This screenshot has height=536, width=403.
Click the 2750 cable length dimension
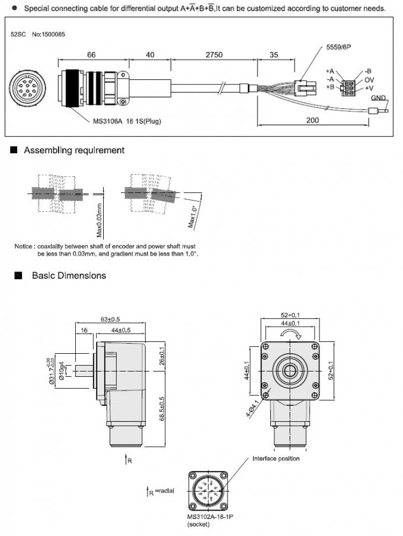[213, 54]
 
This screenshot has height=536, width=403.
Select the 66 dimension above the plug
[91, 54]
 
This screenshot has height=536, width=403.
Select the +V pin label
[368, 88]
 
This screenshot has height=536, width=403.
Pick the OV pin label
[369, 79]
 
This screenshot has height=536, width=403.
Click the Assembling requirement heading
[73, 150]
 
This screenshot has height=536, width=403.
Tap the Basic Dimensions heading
[69, 276]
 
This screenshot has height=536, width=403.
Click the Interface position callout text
[276, 458]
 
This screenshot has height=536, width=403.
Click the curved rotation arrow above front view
[290, 335]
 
